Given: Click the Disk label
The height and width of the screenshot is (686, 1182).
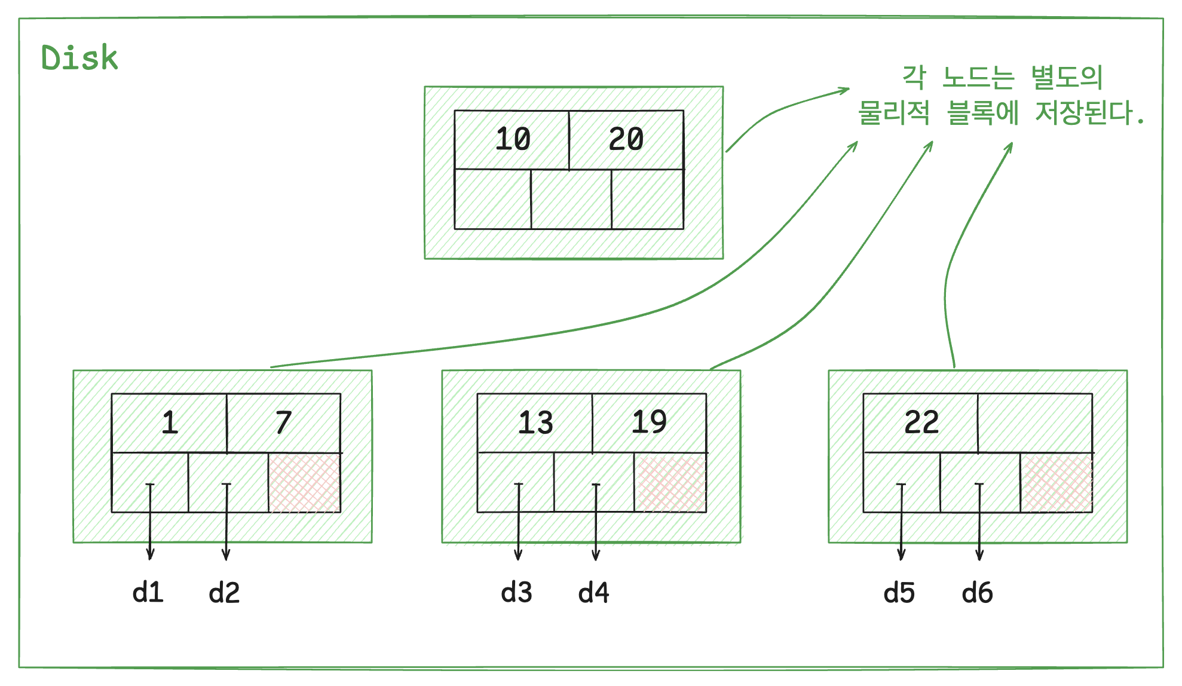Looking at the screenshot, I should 79,58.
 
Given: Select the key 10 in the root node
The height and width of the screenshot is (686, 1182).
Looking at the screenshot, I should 513,139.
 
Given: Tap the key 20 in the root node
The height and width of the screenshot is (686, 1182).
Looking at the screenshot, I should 626,139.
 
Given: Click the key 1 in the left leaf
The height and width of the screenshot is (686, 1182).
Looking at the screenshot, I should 170,422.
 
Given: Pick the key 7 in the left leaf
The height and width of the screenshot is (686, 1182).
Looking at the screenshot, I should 283,422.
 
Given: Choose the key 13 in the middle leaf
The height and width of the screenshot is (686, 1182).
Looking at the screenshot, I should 535,422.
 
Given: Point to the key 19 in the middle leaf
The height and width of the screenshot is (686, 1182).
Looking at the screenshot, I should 649,422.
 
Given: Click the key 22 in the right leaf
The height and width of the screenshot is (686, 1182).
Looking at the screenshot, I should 921,422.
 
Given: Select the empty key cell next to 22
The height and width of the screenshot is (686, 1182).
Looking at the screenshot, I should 1035,422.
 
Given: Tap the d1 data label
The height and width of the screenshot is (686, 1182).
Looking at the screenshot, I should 148,593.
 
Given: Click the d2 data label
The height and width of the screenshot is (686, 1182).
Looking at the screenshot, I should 224,593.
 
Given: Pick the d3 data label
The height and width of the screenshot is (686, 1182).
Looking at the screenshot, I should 516,593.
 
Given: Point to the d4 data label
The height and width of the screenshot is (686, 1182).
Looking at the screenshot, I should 593,593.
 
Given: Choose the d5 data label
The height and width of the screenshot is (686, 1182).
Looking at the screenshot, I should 899,593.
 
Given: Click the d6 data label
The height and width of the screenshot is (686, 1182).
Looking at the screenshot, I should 977,593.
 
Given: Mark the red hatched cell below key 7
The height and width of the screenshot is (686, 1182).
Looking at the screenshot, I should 305,483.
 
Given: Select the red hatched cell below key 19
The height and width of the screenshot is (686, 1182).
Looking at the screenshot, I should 670,483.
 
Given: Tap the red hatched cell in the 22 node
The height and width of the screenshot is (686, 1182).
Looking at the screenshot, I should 1057,483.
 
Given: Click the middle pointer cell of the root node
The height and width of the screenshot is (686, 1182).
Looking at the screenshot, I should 571,199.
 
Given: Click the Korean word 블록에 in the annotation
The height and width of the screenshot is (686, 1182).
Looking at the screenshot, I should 983,112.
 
